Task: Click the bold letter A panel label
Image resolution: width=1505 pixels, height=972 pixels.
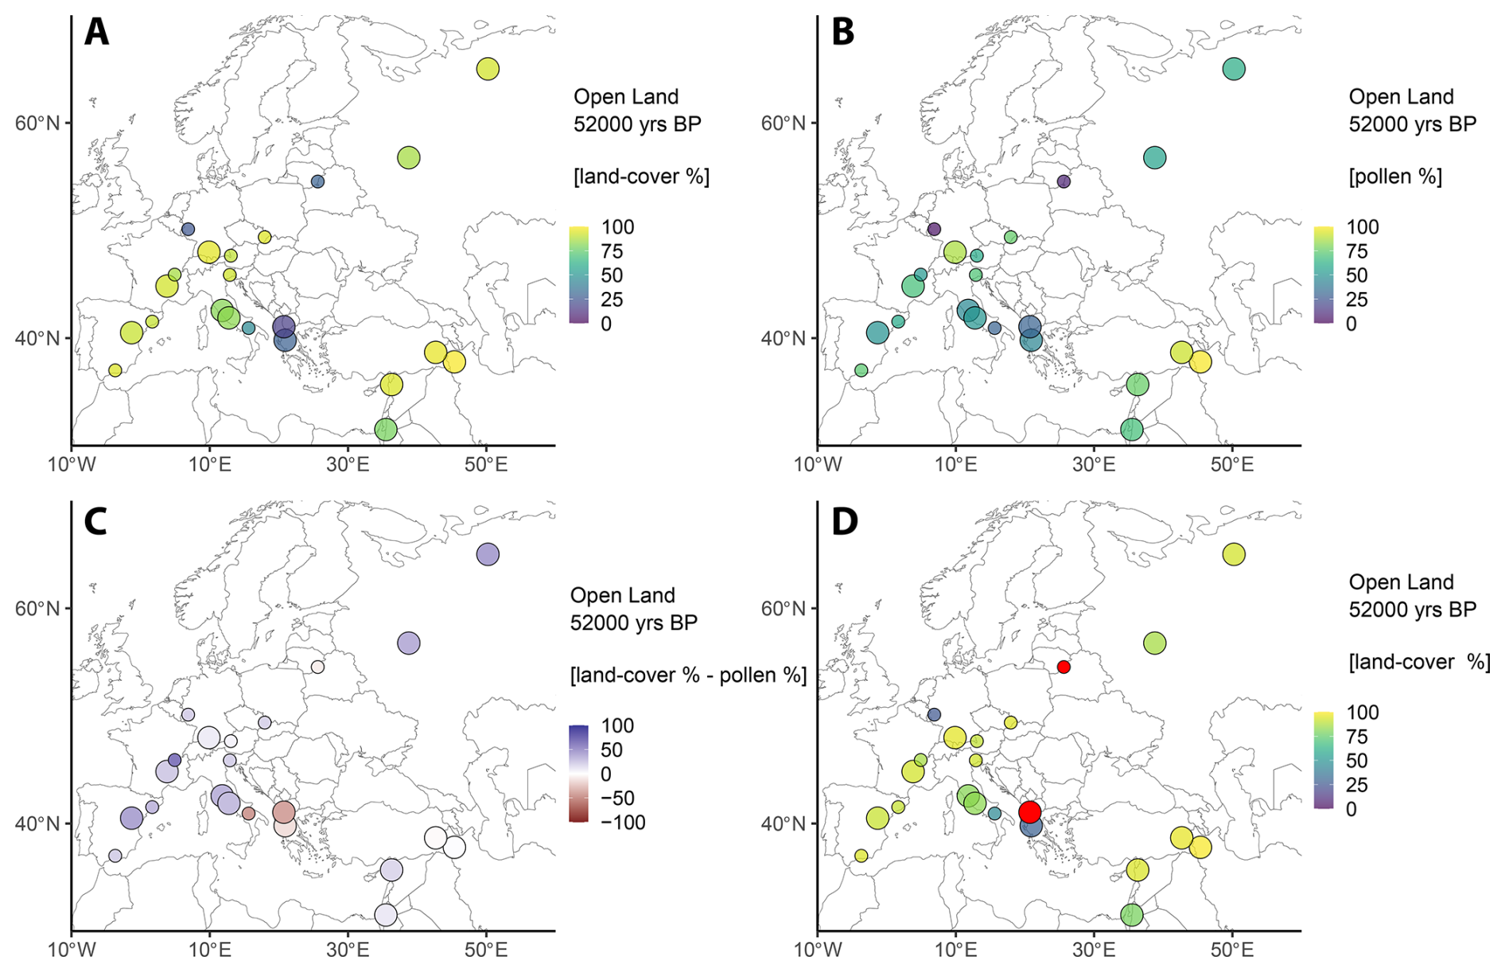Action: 96,33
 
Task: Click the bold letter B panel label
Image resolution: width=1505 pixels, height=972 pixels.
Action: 842,33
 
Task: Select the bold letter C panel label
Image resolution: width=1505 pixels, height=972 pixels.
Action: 95,522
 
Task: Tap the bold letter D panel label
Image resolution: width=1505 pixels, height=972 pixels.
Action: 844,522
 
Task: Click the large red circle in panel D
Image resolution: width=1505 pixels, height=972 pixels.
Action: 1029,812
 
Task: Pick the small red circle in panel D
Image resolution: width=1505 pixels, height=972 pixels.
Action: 1064,667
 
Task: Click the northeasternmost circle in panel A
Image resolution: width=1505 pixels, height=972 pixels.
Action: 488,69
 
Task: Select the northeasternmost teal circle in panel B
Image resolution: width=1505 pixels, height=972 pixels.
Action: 1234,69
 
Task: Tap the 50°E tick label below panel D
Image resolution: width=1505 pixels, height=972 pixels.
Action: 1232,950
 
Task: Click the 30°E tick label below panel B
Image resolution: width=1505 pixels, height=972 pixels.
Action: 1094,465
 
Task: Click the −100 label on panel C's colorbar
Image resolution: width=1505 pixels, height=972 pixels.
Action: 623,822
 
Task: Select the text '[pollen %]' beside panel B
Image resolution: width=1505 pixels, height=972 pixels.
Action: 1395,177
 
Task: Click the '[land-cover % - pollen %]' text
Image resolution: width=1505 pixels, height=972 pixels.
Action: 688,675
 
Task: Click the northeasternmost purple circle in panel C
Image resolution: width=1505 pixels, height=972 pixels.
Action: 488,554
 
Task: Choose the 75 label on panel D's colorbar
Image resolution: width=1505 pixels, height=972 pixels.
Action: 1357,737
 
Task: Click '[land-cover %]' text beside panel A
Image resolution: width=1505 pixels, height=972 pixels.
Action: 641,177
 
